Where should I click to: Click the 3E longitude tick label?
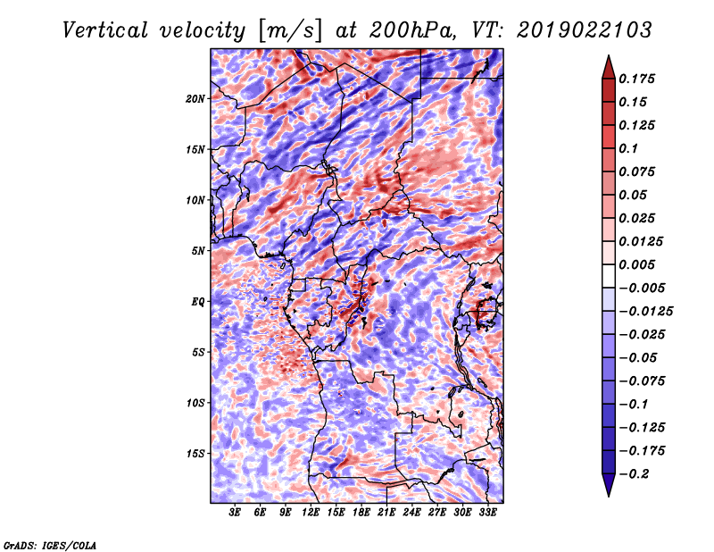(x=236, y=513)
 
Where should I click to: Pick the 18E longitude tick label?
(x=361, y=513)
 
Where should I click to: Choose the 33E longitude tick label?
(x=487, y=513)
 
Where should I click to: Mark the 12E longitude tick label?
(x=311, y=513)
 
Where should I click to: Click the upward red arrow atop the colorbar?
(x=608, y=65)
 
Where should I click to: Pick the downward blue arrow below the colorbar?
(x=608, y=487)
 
